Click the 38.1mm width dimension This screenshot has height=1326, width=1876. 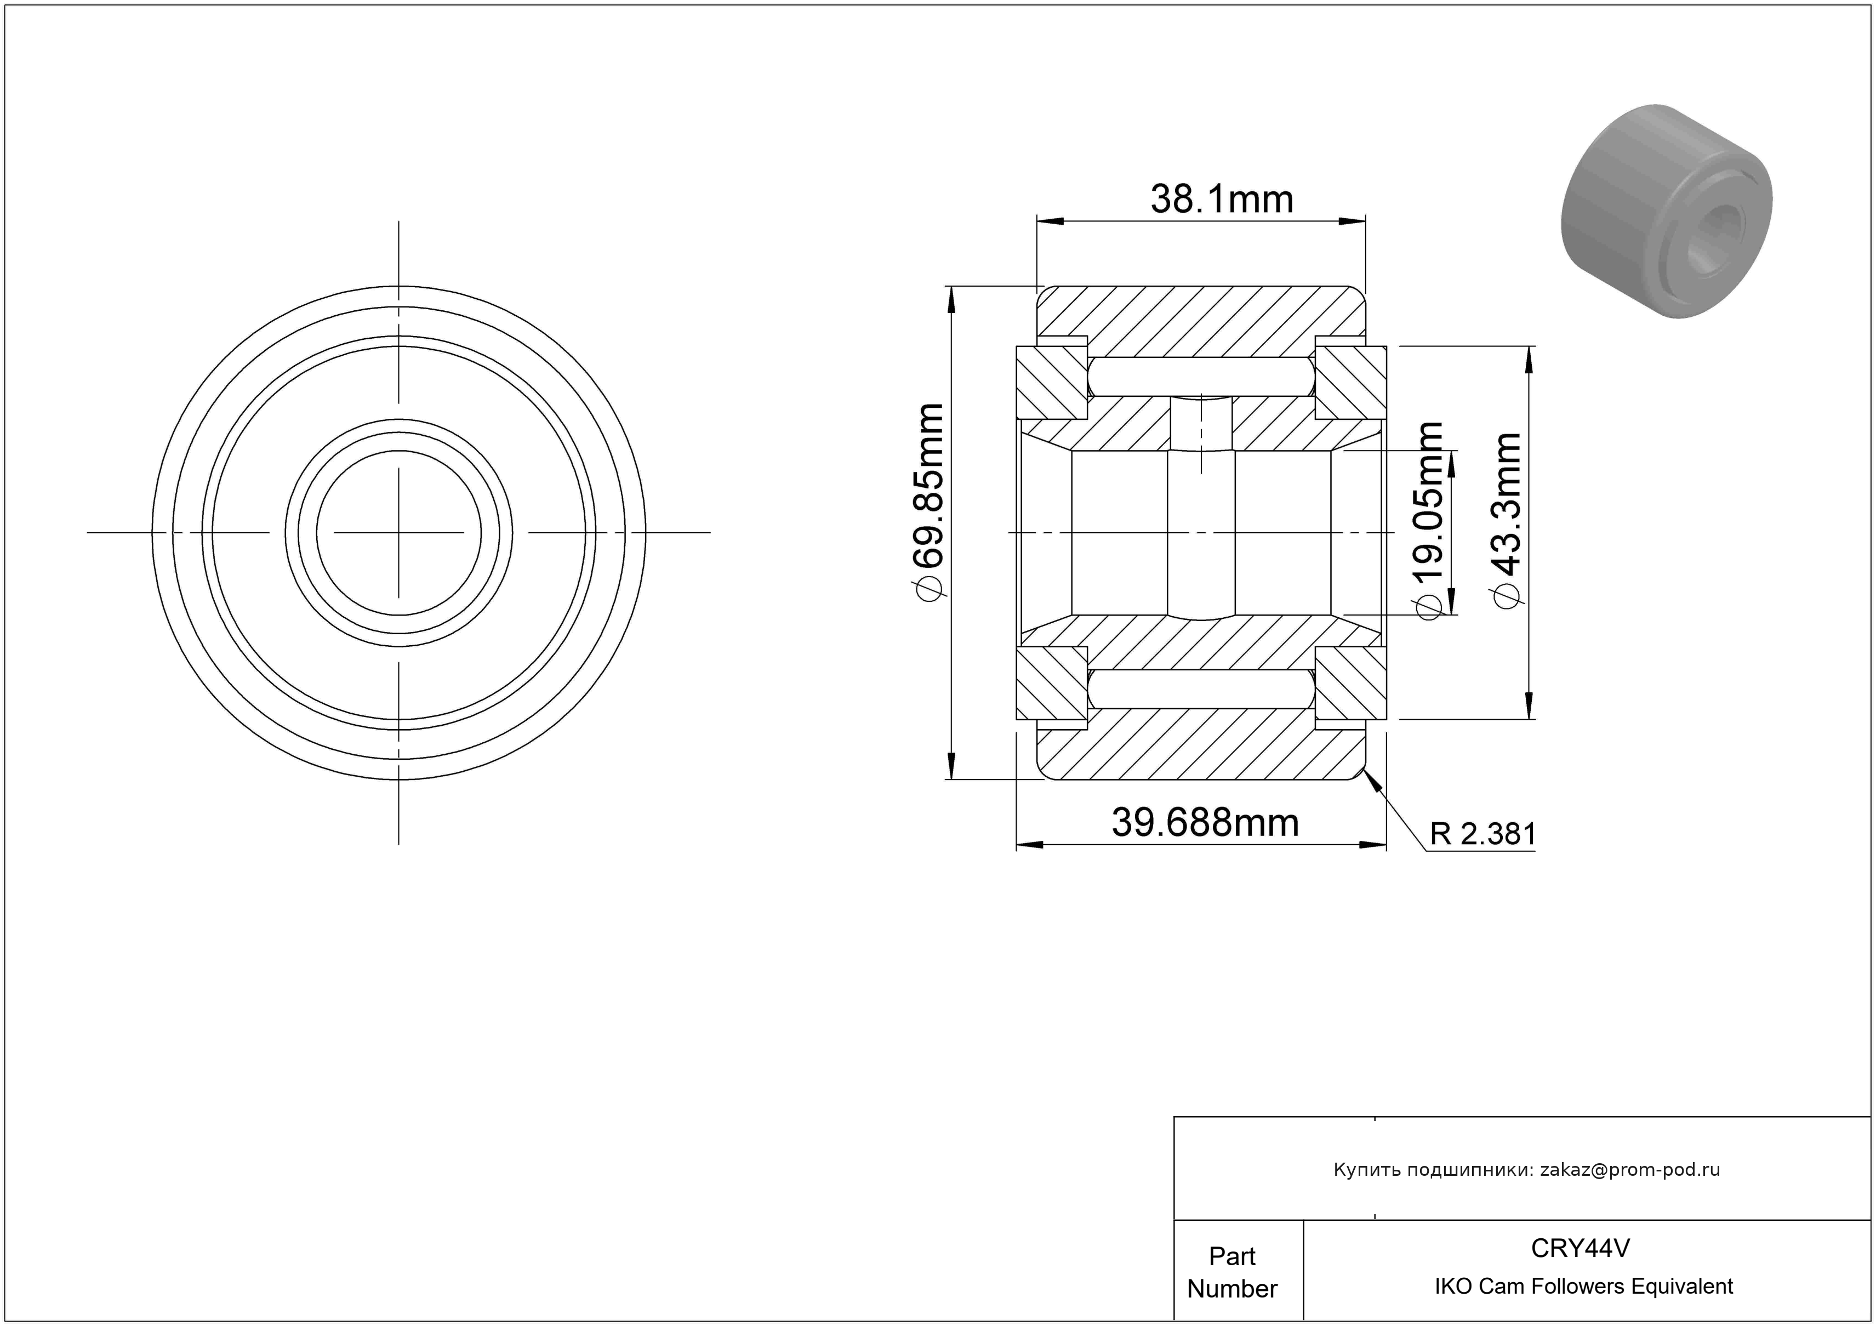[1222, 200]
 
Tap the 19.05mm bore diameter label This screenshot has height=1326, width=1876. [1429, 520]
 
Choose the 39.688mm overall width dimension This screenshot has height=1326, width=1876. [1205, 823]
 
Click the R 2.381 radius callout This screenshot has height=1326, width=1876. [1482, 834]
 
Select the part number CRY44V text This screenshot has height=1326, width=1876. [1580, 1248]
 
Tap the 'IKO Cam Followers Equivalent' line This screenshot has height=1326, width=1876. [1583, 1286]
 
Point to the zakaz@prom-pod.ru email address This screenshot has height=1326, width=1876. [1630, 1169]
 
